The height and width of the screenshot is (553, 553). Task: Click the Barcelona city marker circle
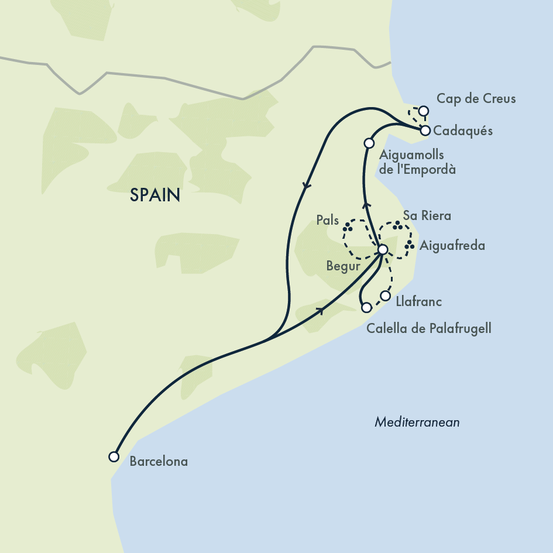click(114, 456)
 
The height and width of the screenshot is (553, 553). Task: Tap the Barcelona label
click(159, 462)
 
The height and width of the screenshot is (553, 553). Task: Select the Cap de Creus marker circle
click(424, 111)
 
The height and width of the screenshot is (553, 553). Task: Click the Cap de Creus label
click(476, 98)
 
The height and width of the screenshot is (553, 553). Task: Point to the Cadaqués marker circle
click(425, 130)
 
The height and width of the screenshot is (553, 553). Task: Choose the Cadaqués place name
click(463, 130)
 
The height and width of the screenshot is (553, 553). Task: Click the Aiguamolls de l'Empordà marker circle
click(369, 143)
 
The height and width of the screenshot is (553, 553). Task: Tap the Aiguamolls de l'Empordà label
click(417, 163)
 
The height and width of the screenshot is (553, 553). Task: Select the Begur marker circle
click(382, 250)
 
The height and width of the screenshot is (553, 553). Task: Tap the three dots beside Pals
click(349, 226)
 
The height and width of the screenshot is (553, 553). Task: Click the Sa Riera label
click(427, 216)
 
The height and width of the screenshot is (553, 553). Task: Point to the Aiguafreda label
click(452, 246)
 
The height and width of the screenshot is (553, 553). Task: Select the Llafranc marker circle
click(385, 296)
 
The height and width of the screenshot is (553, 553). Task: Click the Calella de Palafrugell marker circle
click(366, 307)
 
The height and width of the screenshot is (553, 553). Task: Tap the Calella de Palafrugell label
click(428, 328)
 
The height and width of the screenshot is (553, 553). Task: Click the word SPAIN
click(155, 195)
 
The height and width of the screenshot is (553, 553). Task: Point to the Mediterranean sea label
click(417, 422)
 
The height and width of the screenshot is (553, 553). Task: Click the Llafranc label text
click(418, 302)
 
